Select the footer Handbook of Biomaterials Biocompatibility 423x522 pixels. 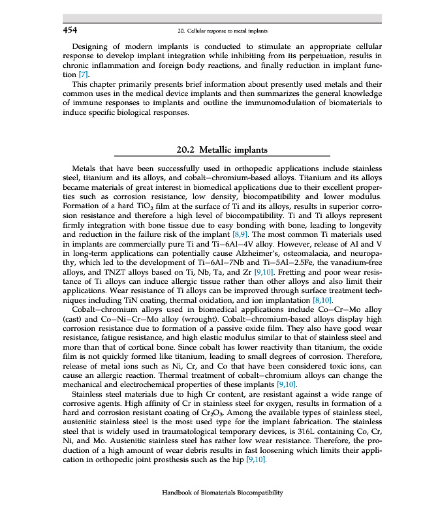coord(223,493)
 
